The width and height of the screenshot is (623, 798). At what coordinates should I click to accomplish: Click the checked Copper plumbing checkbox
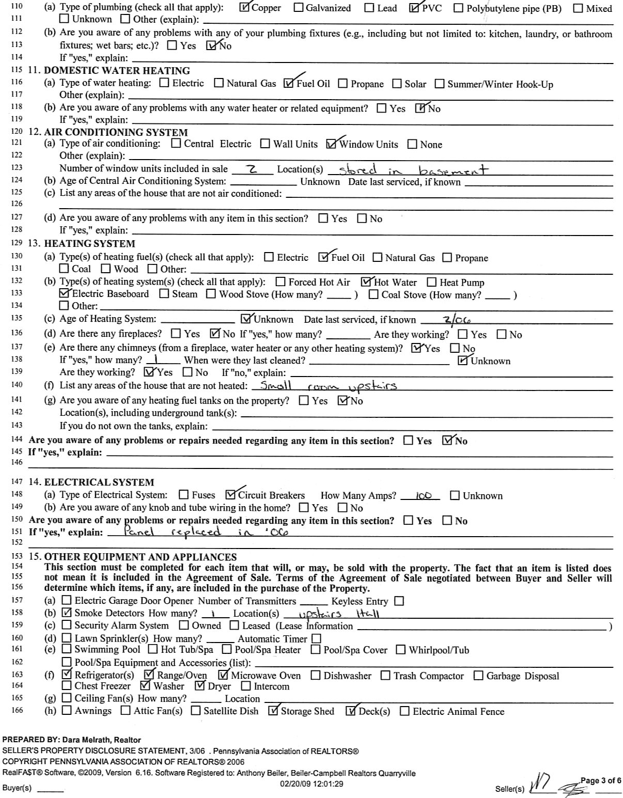pos(245,8)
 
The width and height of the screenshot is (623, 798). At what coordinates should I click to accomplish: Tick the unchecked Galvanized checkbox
pos(299,8)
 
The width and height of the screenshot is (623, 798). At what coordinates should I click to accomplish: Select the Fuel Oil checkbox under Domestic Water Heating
pos(289,84)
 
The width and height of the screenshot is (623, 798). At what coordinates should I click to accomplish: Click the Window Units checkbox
pos(331,144)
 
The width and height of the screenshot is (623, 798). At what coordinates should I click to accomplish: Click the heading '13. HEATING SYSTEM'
pos(82,244)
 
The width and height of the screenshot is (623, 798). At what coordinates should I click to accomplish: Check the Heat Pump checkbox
pos(432,283)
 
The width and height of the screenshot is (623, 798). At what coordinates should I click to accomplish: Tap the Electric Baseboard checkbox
pos(65,294)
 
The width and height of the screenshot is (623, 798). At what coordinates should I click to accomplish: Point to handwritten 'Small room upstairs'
pos(328,386)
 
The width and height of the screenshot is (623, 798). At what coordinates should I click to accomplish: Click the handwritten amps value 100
pos(423,496)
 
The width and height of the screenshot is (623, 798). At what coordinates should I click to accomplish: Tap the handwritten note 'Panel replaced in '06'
pos(199,533)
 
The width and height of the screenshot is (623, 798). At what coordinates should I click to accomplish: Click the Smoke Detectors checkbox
pos(66,613)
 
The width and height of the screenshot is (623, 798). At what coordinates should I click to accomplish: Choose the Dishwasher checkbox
pos(316,676)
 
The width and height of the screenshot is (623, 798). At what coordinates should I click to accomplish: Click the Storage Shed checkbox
pos(273,711)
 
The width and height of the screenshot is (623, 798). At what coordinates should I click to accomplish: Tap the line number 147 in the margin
pos(17,482)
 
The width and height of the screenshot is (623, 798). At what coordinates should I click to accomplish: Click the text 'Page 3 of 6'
pos(601,780)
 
